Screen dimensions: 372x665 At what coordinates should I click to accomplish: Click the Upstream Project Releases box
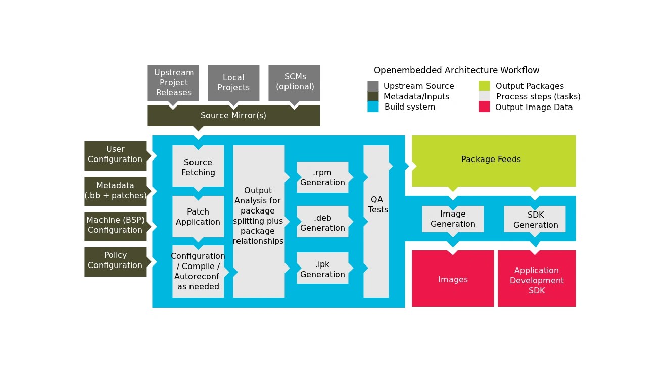coord(173,82)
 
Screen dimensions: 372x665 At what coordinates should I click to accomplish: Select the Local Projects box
coord(233,82)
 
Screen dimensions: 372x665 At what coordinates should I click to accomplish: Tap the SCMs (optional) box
coord(294,82)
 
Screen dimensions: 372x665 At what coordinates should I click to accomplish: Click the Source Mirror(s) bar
coord(233,116)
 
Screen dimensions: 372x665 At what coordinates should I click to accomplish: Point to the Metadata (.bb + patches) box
coord(115,191)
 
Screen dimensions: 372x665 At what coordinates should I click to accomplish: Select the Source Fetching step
coord(198,167)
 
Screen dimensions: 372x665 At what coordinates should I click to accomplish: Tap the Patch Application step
coord(198,216)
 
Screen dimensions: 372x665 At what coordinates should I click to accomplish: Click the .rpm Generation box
coord(322,177)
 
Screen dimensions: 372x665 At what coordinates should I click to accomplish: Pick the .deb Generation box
coord(322,223)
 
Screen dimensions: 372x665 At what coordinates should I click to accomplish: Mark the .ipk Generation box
coord(322,269)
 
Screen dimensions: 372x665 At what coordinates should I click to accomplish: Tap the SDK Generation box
coord(535,219)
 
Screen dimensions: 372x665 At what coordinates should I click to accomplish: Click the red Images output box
coord(453,279)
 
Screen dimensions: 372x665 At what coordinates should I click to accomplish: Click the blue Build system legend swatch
coord(373,107)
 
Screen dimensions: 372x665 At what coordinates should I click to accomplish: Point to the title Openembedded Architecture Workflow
coord(456,70)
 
